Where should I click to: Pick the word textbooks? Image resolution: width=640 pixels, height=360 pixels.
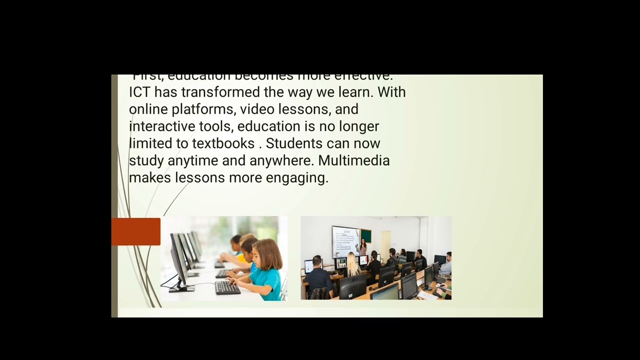pyautogui.click(x=223, y=143)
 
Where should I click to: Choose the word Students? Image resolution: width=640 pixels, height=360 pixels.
pyautogui.click(x=294, y=143)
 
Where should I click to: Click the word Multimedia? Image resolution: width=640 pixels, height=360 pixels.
pyautogui.click(x=353, y=160)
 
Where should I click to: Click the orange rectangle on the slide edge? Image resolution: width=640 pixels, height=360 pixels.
pyautogui.click(x=136, y=231)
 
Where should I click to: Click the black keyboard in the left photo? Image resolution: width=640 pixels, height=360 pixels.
pyautogui.click(x=227, y=287)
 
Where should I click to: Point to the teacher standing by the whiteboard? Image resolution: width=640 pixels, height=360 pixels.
pyautogui.click(x=363, y=246)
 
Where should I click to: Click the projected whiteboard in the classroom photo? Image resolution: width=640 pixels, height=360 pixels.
pyautogui.click(x=345, y=241)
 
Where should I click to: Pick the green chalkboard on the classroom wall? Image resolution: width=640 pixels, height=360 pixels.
pyautogui.click(x=366, y=235)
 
